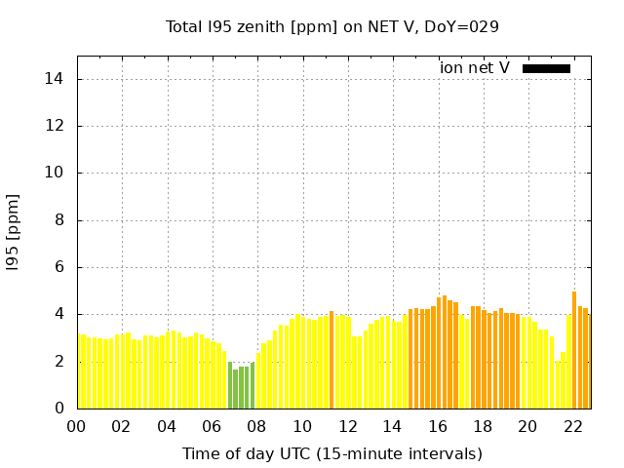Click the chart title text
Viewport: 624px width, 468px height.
click(332, 26)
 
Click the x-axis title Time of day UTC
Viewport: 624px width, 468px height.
click(332, 453)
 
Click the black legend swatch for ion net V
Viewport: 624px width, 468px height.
click(546, 68)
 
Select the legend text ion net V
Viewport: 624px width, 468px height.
click(474, 68)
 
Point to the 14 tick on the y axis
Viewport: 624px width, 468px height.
click(58, 79)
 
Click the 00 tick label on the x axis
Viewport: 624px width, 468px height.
click(76, 426)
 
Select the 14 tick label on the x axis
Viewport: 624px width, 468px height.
click(392, 426)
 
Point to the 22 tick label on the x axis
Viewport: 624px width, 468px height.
click(572, 426)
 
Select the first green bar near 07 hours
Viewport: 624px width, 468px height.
click(230, 385)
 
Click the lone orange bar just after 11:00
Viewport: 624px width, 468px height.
click(331, 361)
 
